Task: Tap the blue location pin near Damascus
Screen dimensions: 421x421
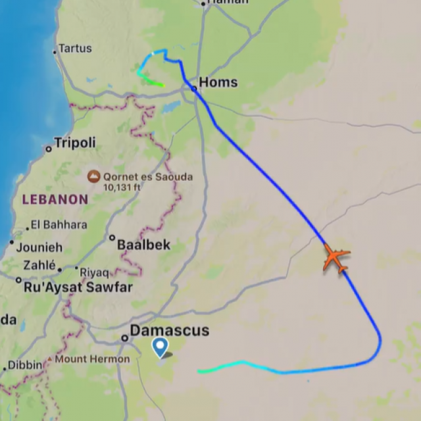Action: pyautogui.click(x=160, y=347)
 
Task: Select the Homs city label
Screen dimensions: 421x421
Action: pyautogui.click(x=218, y=83)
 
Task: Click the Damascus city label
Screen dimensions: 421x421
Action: pyautogui.click(x=169, y=330)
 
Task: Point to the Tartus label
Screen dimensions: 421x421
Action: pyautogui.click(x=75, y=48)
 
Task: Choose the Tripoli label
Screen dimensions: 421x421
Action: pyautogui.click(x=74, y=143)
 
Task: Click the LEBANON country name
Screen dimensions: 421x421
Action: pyautogui.click(x=55, y=199)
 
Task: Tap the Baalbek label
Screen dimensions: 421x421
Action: pyautogui.click(x=143, y=245)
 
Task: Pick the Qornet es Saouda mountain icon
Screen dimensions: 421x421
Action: pyautogui.click(x=94, y=176)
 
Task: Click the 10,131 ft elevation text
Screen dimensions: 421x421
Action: pyautogui.click(x=126, y=187)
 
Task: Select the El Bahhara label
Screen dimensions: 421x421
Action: pyautogui.click(x=59, y=225)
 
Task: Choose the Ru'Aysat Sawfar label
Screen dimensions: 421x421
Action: pyautogui.click(x=78, y=287)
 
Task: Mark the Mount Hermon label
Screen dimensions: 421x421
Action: pyautogui.click(x=92, y=359)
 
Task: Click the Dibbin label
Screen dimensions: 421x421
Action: pyautogui.click(x=25, y=365)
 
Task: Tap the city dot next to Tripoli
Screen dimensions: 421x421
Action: pyautogui.click(x=48, y=149)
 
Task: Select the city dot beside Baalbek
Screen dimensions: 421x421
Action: pyautogui.click(x=112, y=238)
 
